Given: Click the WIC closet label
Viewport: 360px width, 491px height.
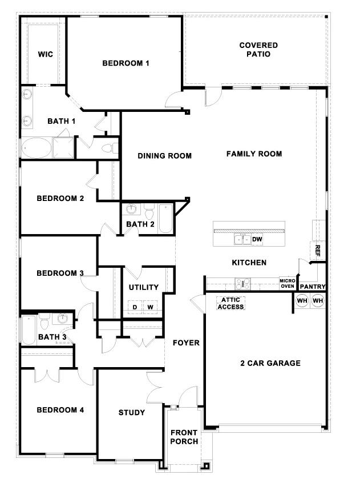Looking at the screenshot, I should click(x=45, y=54).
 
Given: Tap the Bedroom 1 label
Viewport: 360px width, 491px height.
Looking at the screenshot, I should click(x=126, y=63).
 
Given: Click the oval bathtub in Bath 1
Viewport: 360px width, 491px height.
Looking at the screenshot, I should click(x=36, y=148).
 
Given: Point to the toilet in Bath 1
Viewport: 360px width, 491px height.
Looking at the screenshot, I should click(x=107, y=149).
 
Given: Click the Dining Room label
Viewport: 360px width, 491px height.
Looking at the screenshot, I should click(x=164, y=155).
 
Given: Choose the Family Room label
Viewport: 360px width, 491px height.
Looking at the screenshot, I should click(x=254, y=154).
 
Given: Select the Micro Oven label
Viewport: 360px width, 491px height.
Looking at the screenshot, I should click(x=286, y=283).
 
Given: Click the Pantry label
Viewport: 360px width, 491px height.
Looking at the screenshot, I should click(x=312, y=287).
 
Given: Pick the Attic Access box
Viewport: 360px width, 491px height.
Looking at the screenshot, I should click(x=230, y=303).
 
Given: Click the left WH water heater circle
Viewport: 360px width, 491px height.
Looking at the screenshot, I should click(x=302, y=301).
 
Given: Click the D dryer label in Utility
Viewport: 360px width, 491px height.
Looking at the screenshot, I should click(x=135, y=307).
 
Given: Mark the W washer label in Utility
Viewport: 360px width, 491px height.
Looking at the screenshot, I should click(x=150, y=307).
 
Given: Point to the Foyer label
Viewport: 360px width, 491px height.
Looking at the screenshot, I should click(x=186, y=343).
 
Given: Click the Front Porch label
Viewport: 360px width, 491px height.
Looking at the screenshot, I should click(x=184, y=437).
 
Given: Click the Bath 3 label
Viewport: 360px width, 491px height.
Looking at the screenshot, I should click(x=52, y=337).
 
